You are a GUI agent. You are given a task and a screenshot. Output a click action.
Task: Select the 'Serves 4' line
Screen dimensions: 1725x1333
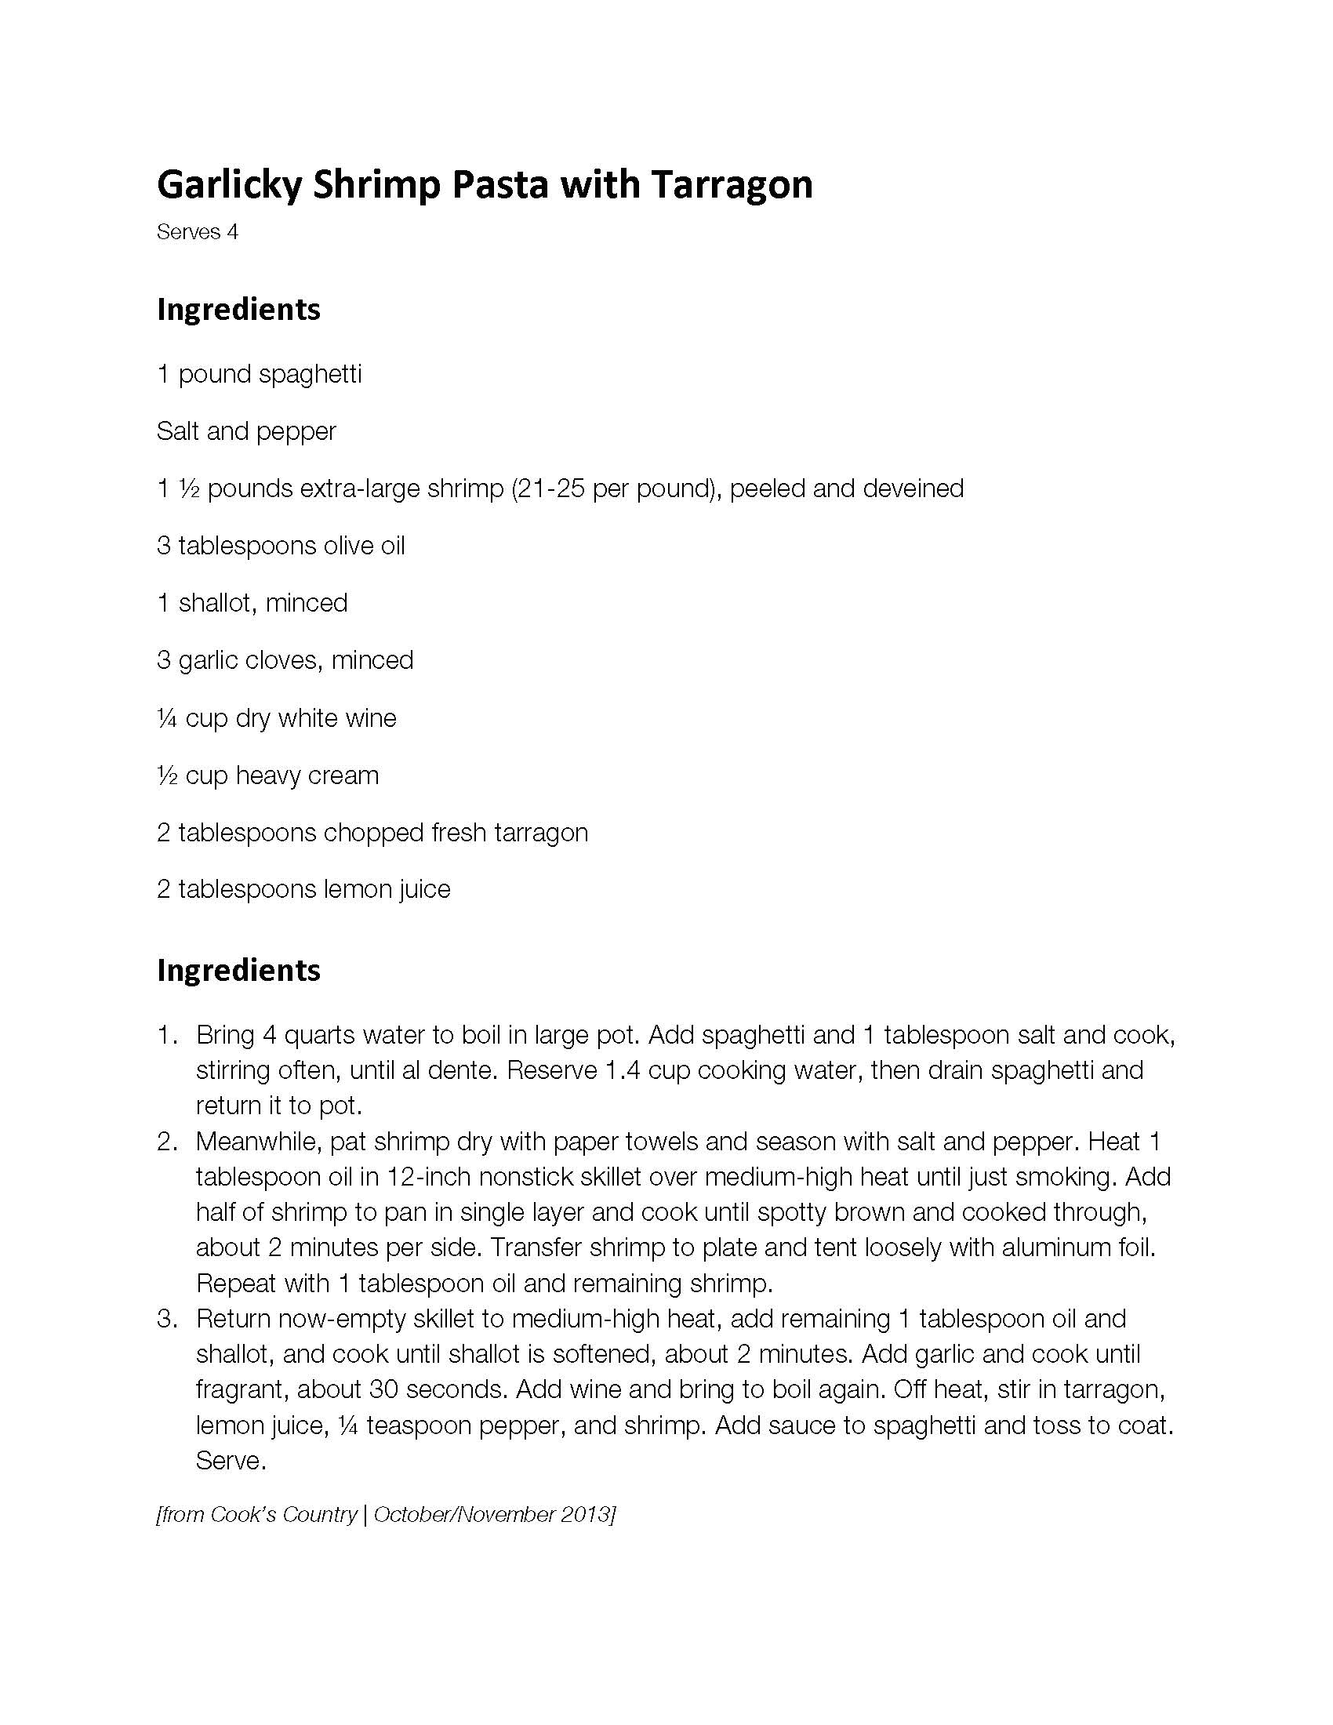[198, 232]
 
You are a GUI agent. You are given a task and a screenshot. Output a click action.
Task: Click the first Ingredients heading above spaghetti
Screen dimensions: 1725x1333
[238, 310]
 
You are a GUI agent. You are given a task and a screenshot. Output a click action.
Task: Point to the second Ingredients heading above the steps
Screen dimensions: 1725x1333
[238, 970]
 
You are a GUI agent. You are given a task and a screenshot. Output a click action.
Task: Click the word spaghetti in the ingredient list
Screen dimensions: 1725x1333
[310, 373]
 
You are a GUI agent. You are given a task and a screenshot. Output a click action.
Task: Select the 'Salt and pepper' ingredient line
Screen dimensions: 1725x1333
[246, 431]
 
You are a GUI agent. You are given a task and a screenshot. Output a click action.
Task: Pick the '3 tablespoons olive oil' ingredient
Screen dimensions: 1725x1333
[281, 546]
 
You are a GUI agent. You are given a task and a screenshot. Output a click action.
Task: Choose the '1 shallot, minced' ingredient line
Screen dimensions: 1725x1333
[252, 604]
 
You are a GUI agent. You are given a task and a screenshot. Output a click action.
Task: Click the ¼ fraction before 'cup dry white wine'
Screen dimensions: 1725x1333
[166, 719]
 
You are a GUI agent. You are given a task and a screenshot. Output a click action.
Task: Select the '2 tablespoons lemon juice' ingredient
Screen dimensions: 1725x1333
[303, 889]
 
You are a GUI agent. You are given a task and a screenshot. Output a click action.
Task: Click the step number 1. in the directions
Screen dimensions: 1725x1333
[168, 1035]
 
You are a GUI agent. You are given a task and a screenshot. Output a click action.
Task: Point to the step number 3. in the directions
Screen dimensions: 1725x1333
[168, 1319]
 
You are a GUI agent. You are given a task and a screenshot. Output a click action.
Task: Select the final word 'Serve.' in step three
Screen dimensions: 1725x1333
[231, 1461]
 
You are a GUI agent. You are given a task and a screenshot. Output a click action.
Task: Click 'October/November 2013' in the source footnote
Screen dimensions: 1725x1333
[492, 1515]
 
